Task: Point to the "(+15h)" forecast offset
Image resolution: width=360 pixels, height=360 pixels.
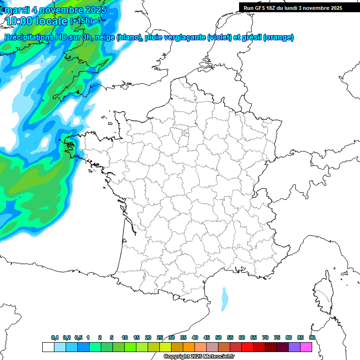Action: click(x=81, y=21)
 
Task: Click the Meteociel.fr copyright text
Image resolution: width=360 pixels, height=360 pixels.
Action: click(x=199, y=357)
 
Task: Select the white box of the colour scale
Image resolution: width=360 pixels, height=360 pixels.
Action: click(x=48, y=347)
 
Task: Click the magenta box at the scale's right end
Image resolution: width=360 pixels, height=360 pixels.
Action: click(x=306, y=347)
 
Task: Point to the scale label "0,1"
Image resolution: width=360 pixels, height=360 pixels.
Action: click(x=55, y=338)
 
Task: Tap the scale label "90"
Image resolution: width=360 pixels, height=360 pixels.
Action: click(x=312, y=338)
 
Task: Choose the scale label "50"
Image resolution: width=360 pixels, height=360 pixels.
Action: click(x=218, y=338)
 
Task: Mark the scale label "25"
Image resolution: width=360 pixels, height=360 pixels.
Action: click(x=160, y=338)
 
